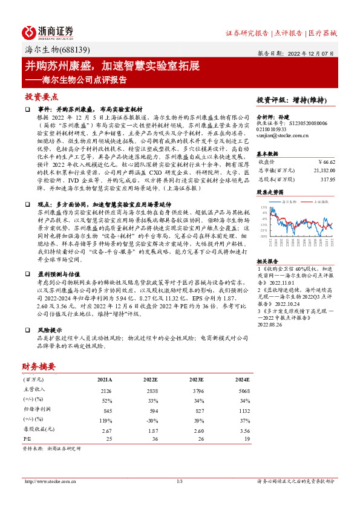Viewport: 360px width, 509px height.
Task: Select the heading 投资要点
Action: [42, 96]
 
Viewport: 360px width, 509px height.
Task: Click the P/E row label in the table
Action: [27, 439]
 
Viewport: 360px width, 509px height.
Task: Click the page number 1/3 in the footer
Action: [180, 481]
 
